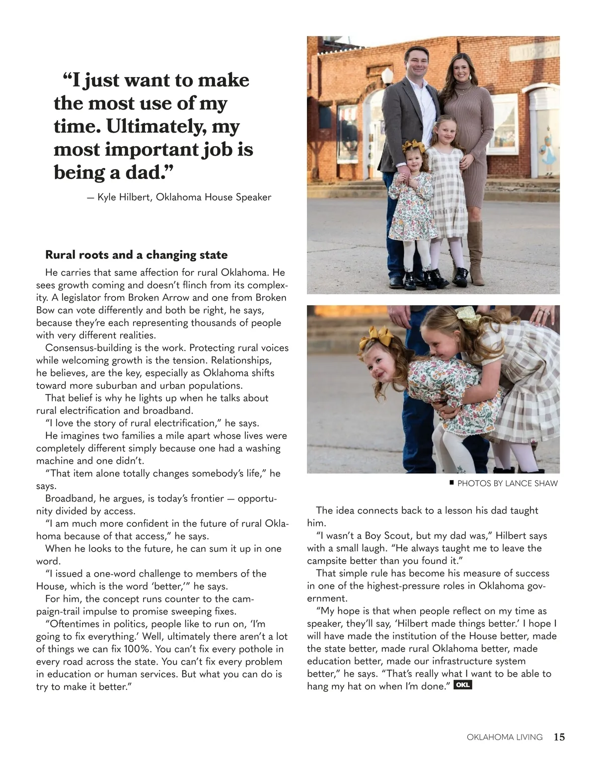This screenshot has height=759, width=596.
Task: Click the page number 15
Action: [559, 737]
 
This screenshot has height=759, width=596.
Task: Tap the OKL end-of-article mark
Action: [462, 685]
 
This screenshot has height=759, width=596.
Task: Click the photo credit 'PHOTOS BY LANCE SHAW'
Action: [507, 483]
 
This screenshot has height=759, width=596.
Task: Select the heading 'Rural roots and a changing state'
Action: [136, 255]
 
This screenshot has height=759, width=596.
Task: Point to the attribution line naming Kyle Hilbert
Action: [179, 197]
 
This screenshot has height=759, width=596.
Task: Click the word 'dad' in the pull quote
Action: [143, 172]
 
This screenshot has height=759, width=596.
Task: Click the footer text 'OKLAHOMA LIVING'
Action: [505, 737]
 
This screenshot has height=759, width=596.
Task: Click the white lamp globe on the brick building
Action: [387, 76]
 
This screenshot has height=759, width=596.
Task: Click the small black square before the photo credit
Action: [451, 482]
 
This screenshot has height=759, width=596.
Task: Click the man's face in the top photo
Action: [416, 61]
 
